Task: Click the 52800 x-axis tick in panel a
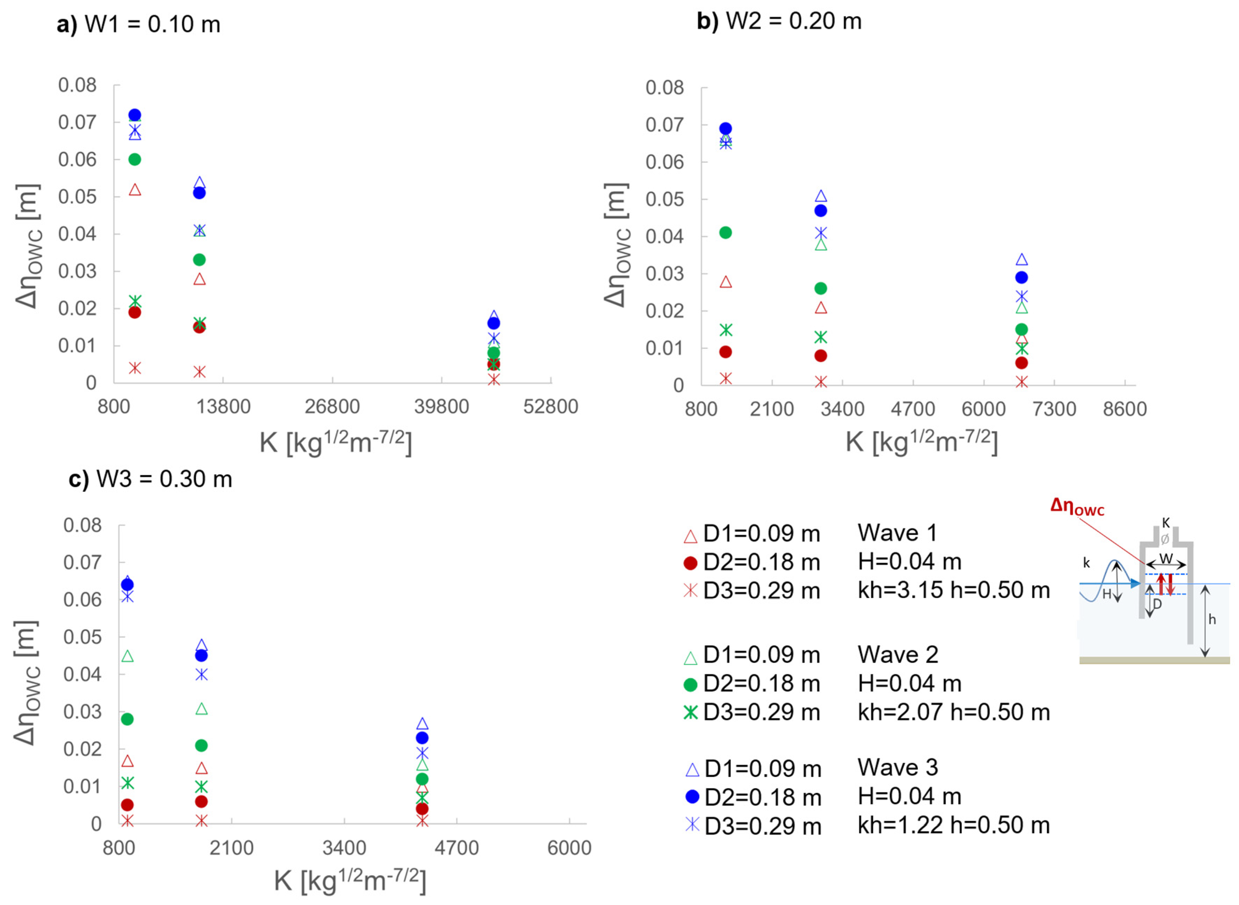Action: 550,407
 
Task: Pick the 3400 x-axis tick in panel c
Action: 344,848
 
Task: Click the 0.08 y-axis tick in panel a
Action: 77,86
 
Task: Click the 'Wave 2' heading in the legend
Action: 898,655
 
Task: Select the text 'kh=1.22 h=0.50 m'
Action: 954,825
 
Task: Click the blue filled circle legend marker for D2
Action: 692,797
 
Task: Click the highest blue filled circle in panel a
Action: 135,115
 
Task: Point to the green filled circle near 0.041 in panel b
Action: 725,233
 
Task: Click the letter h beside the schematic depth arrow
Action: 1212,620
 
